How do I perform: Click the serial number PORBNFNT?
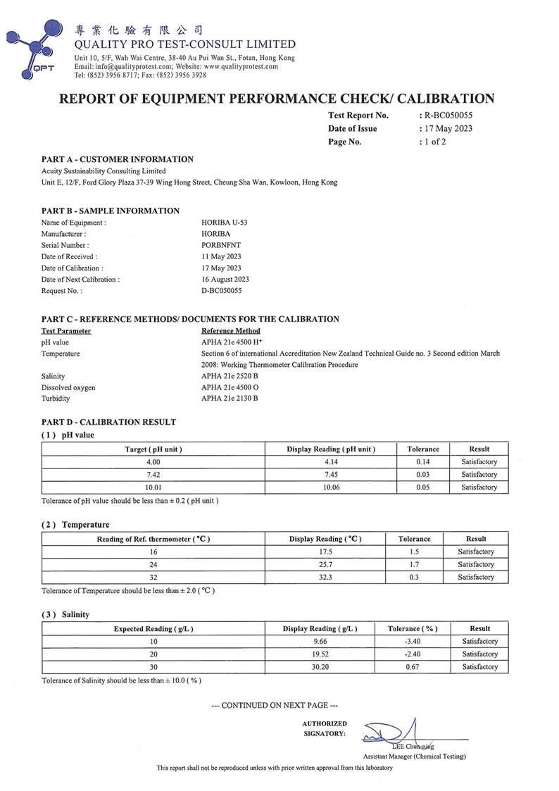click(222, 244)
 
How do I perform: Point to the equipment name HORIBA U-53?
click(224, 222)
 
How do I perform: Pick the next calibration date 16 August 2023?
click(225, 279)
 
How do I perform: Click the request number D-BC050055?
click(221, 290)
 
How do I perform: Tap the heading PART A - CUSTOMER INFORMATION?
click(118, 159)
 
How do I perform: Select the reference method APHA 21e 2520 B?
click(230, 376)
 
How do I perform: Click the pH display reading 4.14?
click(330, 462)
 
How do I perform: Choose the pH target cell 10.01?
click(153, 487)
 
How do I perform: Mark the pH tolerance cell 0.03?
click(422, 475)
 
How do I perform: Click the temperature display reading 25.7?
click(325, 564)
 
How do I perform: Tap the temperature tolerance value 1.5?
click(414, 552)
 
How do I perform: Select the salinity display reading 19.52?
click(320, 654)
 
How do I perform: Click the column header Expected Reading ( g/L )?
click(153, 628)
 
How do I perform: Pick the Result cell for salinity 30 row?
click(479, 666)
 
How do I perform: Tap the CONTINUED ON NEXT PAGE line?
click(279, 705)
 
